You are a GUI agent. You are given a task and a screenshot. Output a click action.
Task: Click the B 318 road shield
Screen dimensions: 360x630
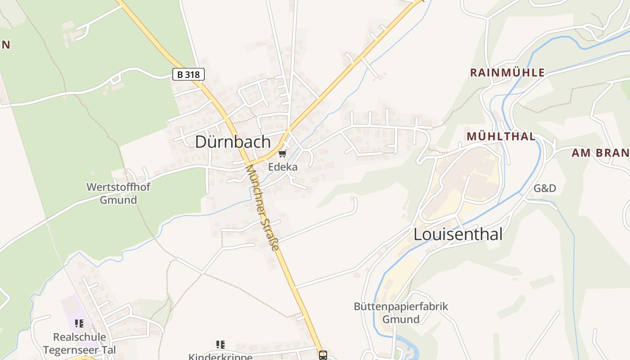click(x=189, y=74)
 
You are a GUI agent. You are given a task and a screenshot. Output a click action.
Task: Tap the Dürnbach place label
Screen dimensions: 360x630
click(x=233, y=142)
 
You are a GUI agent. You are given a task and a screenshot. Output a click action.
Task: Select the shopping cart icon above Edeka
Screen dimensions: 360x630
click(x=282, y=154)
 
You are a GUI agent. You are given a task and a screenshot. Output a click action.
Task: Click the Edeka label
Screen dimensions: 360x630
click(x=283, y=167)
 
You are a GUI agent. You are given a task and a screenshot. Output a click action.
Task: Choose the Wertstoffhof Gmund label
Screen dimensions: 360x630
click(x=118, y=193)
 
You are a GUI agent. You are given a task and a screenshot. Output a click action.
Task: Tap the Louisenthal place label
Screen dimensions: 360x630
click(x=458, y=234)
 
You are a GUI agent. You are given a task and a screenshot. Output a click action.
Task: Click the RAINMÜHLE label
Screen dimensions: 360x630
click(x=507, y=72)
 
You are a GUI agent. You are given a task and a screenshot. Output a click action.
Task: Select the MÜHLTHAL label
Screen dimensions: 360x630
click(x=501, y=136)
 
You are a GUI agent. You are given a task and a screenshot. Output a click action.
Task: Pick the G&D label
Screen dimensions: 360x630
click(x=545, y=188)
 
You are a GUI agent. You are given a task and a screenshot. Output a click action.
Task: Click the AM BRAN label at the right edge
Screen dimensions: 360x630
click(x=600, y=153)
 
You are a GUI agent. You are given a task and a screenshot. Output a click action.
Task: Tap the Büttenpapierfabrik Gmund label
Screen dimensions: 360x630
click(x=400, y=313)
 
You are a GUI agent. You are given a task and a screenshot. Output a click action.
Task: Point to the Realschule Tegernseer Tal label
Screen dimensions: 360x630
click(x=80, y=343)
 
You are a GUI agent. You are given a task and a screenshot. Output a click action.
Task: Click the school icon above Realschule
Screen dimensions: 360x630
click(x=80, y=323)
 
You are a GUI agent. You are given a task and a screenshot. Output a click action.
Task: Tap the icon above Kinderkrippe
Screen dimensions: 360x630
click(x=220, y=345)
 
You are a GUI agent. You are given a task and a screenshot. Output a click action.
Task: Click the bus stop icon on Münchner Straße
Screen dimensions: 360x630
click(x=323, y=355)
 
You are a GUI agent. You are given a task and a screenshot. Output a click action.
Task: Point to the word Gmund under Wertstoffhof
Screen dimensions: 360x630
click(x=118, y=200)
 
